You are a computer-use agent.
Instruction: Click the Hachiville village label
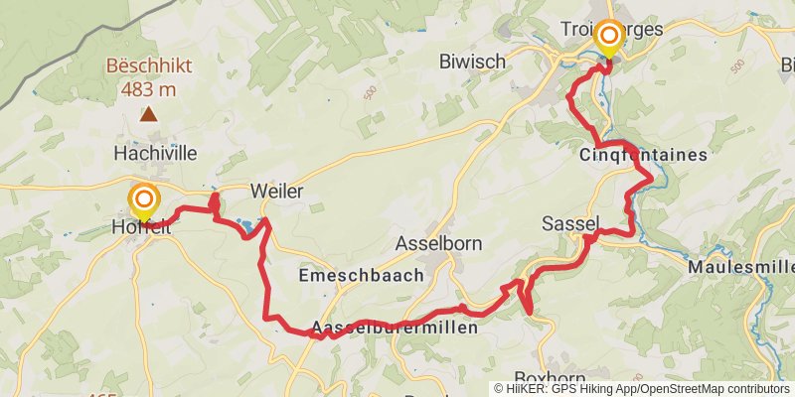point(155,153)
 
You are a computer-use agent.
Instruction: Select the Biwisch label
point(472,62)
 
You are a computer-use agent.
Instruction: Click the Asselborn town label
point(437,242)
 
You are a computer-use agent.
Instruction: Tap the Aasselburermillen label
point(395,327)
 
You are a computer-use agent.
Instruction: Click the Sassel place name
point(570,224)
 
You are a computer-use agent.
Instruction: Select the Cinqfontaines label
point(643,155)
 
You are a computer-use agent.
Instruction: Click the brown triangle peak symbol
point(148,114)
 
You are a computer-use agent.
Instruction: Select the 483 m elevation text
point(148,89)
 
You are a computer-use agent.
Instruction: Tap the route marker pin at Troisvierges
point(606,37)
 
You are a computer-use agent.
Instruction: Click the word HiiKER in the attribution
point(526,389)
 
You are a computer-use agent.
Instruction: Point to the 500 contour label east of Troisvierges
point(736,66)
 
